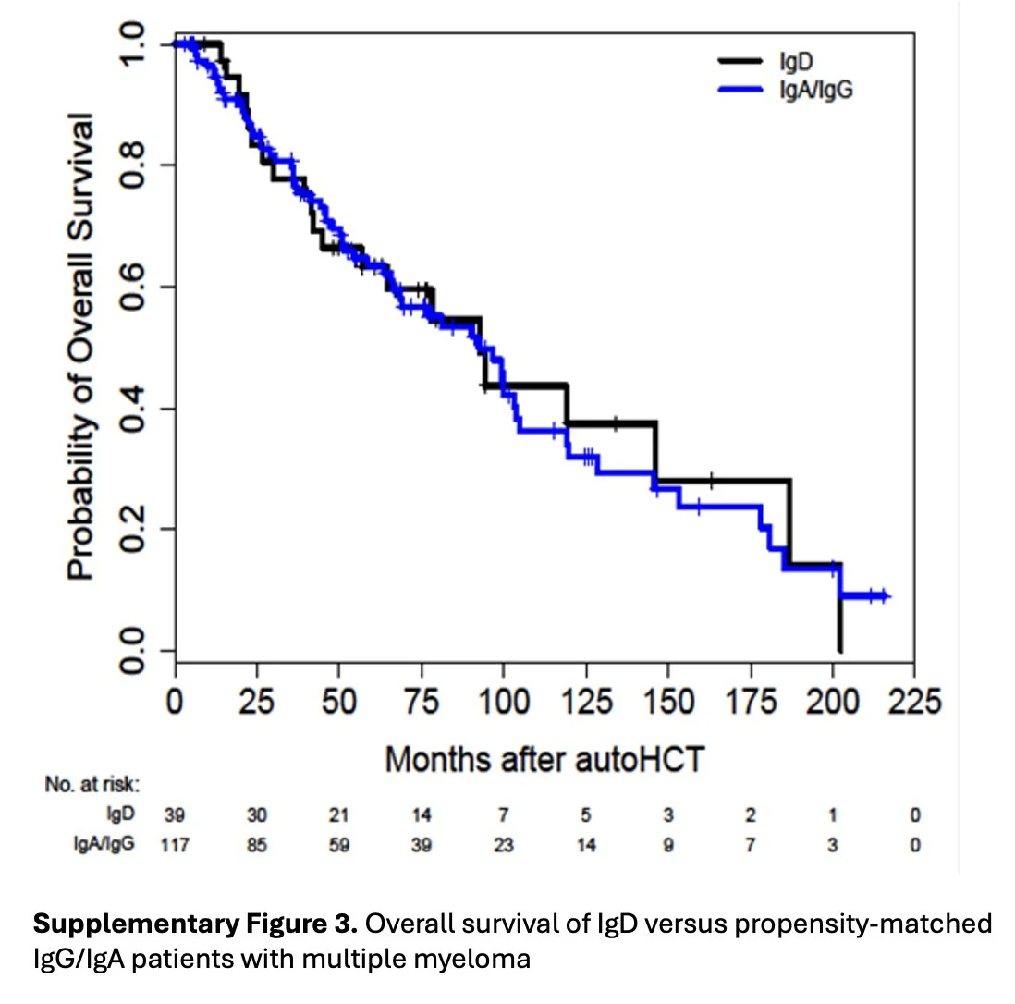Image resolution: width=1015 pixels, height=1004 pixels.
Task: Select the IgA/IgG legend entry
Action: click(x=809, y=89)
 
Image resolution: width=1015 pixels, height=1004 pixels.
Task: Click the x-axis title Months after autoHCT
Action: click(x=545, y=759)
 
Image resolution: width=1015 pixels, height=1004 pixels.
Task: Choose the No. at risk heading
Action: click(x=92, y=785)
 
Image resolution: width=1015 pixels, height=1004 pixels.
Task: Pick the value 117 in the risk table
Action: click(x=175, y=844)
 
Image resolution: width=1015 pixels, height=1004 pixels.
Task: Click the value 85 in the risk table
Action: click(x=257, y=844)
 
